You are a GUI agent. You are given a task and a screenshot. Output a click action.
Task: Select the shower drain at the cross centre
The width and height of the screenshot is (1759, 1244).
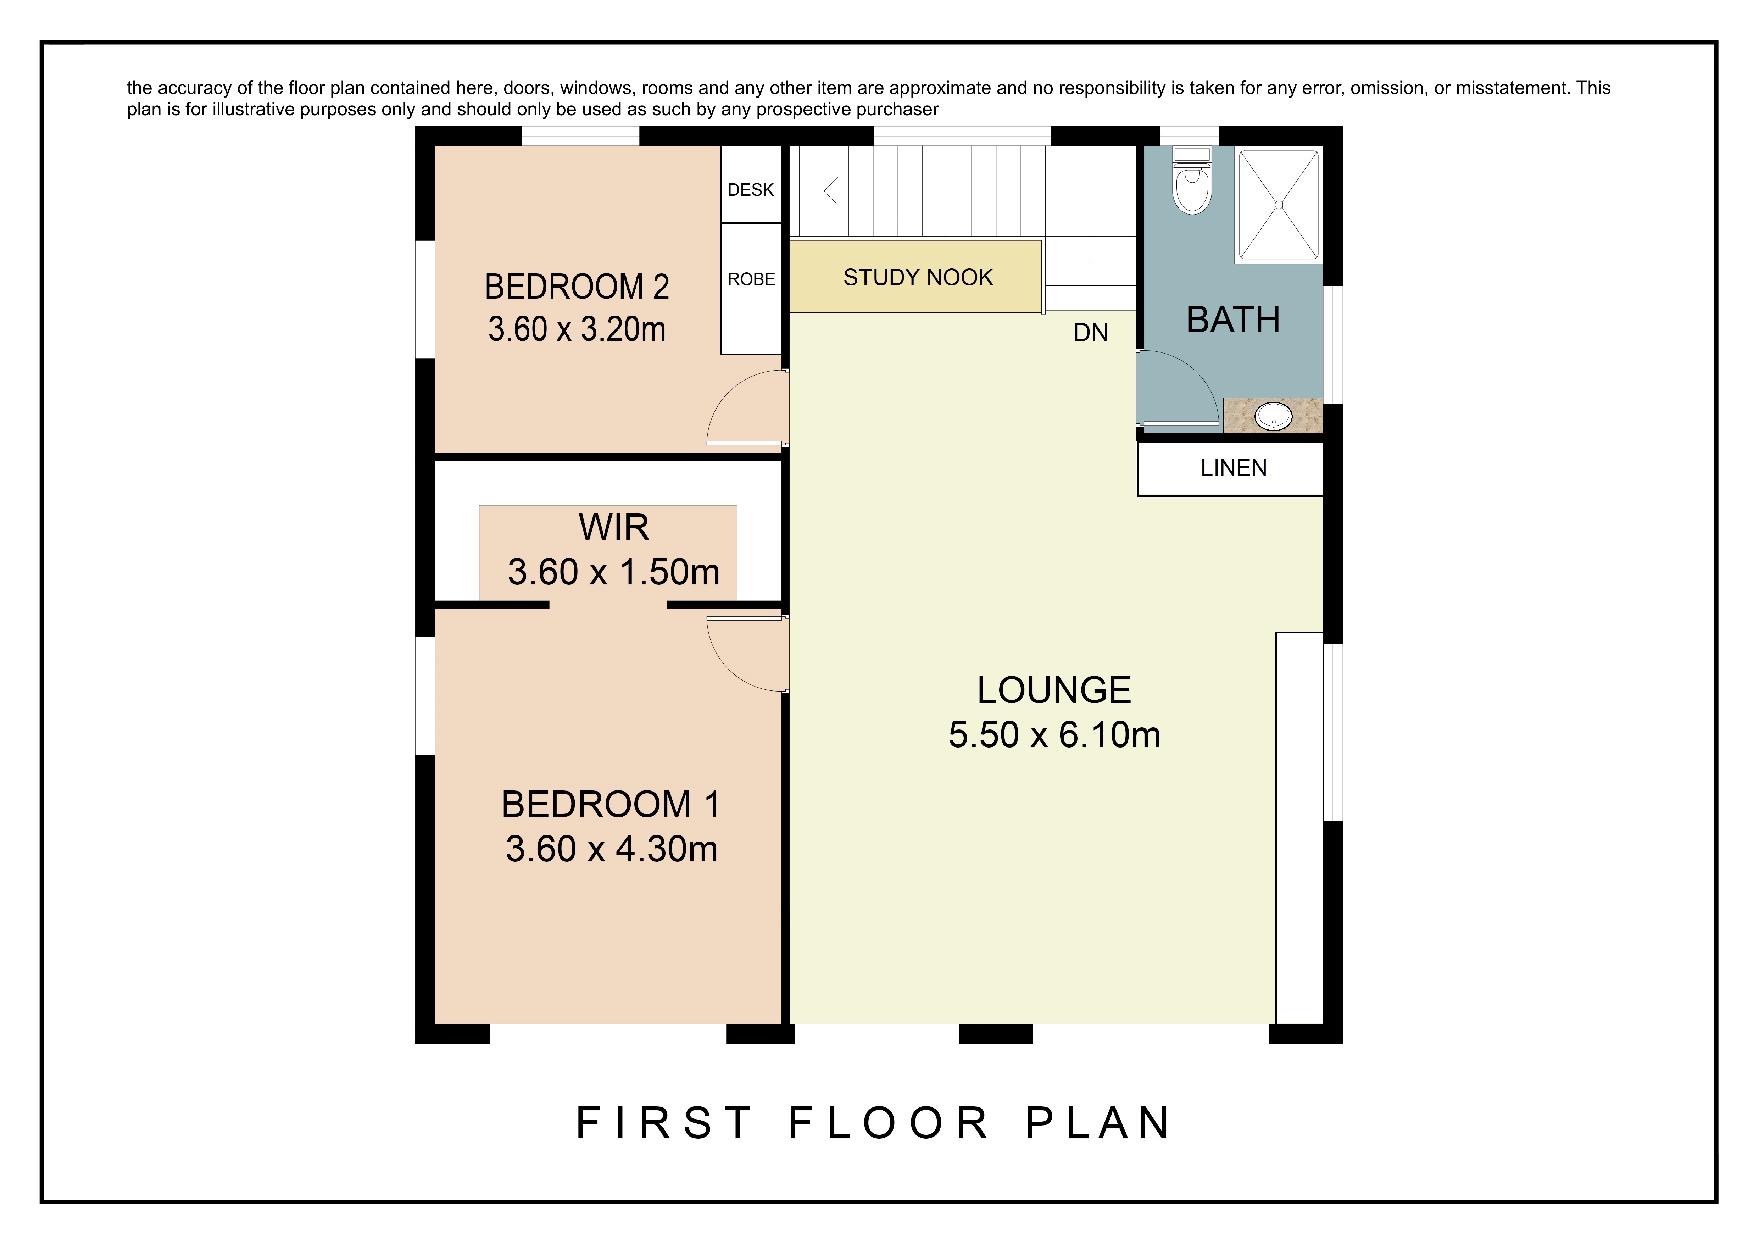1279,205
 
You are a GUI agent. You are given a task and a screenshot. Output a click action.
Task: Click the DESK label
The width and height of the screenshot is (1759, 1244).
751,190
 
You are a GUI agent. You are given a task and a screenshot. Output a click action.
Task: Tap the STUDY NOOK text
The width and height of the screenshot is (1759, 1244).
918,277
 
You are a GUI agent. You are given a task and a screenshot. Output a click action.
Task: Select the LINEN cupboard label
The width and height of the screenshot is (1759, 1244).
1234,468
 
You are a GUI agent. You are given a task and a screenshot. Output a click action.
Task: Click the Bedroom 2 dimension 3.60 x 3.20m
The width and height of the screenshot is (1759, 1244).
577,329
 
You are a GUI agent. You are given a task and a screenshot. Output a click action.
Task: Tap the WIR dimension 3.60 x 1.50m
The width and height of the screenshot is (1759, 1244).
614,572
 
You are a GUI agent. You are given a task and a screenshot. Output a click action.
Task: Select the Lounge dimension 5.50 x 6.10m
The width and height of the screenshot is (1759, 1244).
1054,735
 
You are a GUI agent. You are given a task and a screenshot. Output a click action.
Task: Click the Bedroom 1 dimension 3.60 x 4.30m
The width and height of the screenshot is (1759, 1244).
611,849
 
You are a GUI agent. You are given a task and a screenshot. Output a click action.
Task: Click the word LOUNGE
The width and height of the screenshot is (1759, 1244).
1054,690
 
